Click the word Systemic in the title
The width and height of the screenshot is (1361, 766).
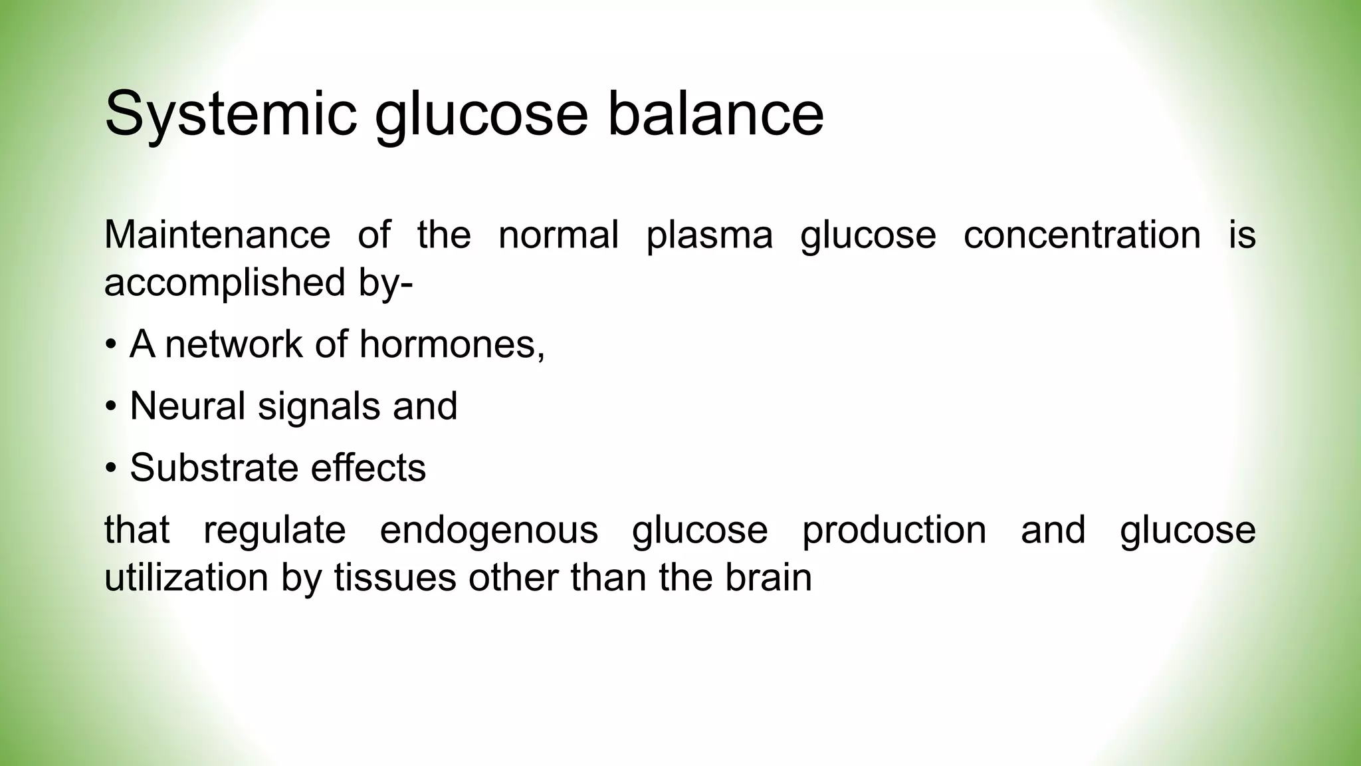230,114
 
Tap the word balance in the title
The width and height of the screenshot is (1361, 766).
715,114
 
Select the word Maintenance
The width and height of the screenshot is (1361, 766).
217,235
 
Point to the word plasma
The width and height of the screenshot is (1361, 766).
710,236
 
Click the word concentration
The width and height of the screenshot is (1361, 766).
1082,235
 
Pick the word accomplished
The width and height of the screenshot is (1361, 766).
225,283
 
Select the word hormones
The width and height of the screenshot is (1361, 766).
452,344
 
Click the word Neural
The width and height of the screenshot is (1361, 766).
188,406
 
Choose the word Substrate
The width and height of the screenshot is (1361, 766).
213,467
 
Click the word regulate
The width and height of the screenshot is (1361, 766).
274,531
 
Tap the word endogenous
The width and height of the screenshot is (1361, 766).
488,531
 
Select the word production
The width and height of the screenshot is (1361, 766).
894,531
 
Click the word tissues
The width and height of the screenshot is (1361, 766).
395,577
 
